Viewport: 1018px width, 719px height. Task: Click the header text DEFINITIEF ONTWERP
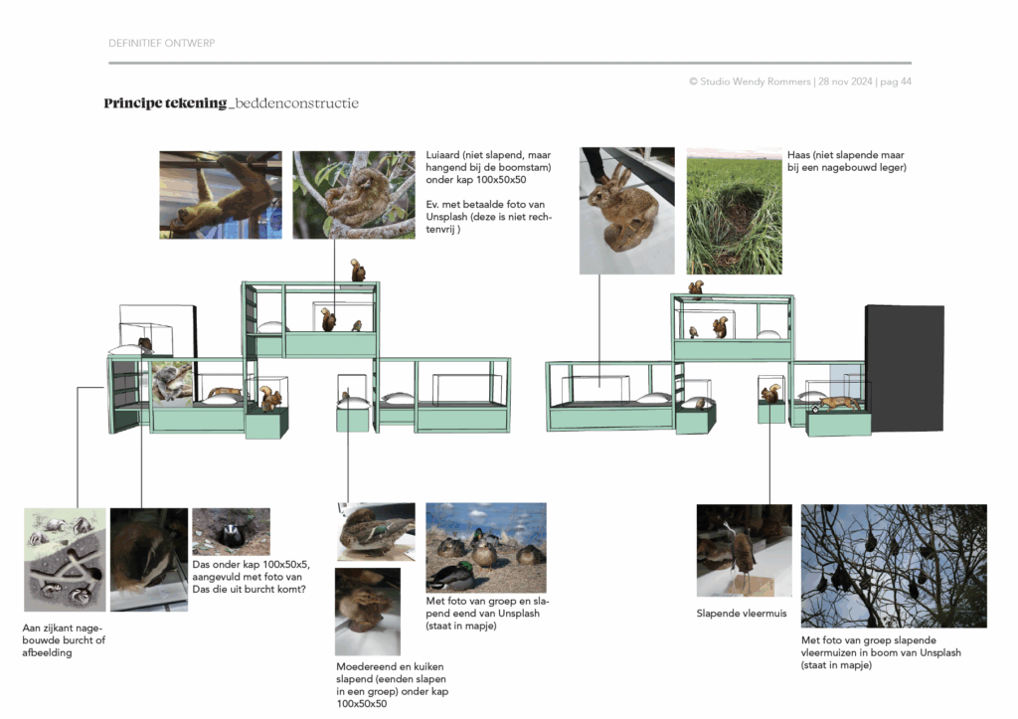click(162, 43)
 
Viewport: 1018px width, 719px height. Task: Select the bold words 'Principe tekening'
click(166, 103)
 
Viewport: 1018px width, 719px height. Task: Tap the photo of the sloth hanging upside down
click(221, 195)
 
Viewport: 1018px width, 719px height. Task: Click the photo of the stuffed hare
click(627, 211)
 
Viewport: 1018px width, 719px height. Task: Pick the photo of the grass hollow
click(735, 211)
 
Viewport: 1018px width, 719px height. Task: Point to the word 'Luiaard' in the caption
click(442, 155)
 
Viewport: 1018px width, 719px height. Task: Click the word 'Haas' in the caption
click(798, 155)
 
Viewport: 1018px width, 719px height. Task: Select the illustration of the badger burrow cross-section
click(65, 560)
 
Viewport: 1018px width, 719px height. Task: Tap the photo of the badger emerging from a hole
click(231, 532)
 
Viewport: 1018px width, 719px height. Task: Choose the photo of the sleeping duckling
click(368, 612)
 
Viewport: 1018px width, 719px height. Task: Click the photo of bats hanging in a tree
click(894, 567)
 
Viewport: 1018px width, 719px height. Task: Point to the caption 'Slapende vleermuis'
click(742, 614)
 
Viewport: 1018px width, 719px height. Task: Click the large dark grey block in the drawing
click(905, 368)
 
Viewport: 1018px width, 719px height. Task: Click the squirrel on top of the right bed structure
click(696, 288)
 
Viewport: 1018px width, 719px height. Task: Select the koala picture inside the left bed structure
click(172, 384)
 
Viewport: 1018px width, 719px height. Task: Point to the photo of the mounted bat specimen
click(744, 551)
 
